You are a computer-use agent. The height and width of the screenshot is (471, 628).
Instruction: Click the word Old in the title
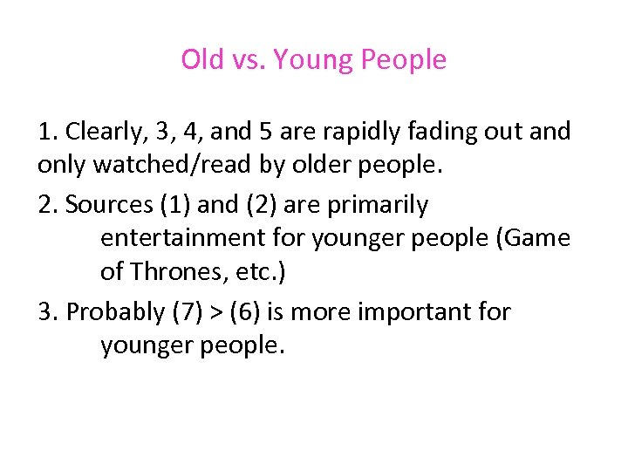point(202,59)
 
